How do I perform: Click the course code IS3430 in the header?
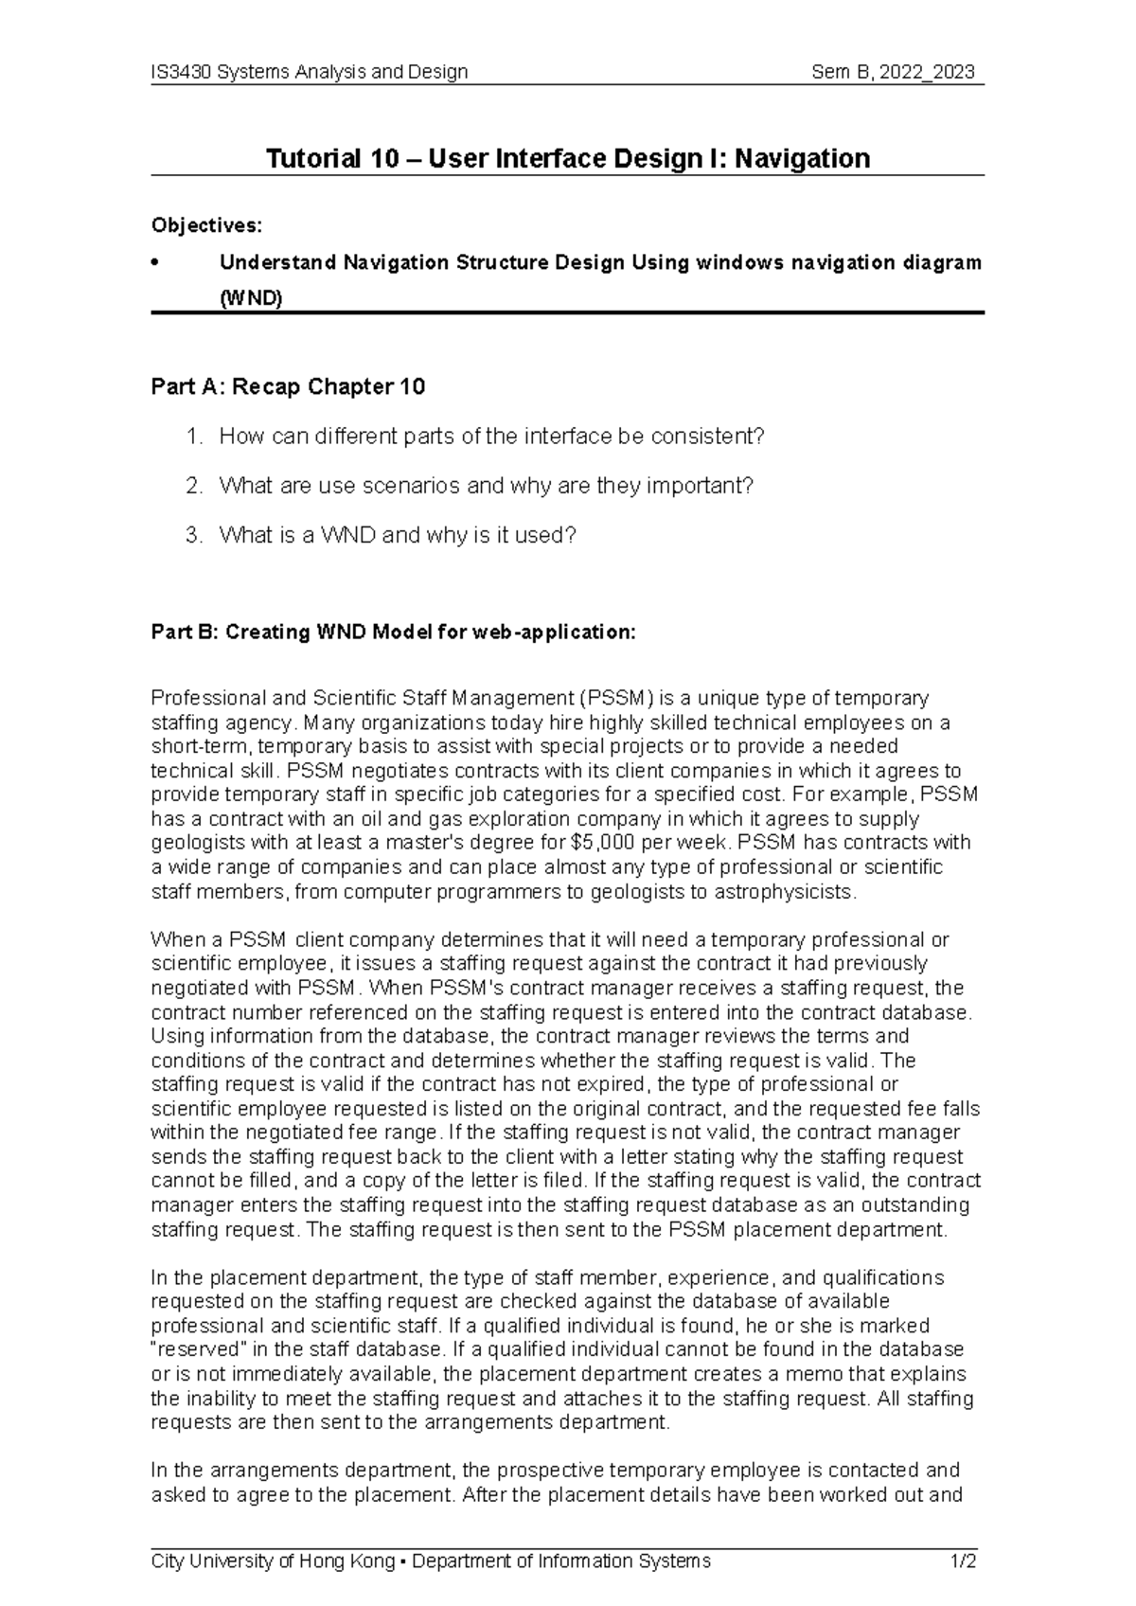[182, 72]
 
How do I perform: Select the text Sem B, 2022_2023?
[894, 72]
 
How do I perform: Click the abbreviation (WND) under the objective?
[251, 300]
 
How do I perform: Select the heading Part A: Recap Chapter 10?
[288, 386]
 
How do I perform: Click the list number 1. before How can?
[194, 437]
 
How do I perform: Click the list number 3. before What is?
[194, 535]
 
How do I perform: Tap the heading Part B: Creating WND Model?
[393, 633]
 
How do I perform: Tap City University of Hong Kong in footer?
[273, 1561]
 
